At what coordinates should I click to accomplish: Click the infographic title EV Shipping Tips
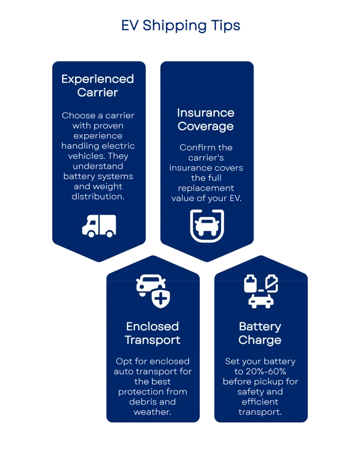coord(180,26)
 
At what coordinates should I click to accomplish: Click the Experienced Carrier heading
coord(98,85)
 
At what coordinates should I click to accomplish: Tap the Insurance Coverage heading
coord(206,119)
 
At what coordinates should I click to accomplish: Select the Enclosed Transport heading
coord(152,333)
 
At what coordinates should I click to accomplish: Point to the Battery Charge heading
coord(260,333)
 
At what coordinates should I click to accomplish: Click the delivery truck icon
coord(99,225)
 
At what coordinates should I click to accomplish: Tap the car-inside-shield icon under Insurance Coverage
coord(207,226)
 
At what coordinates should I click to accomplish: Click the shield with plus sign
coord(161,298)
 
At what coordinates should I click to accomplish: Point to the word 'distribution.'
coord(98,196)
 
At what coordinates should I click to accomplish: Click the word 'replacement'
coord(206,188)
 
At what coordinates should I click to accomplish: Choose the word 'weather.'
coord(152,412)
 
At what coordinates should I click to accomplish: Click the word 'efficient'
coord(260,402)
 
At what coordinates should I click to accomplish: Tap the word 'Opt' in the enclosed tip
coord(123,361)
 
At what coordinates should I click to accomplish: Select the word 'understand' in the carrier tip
coord(98,166)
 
